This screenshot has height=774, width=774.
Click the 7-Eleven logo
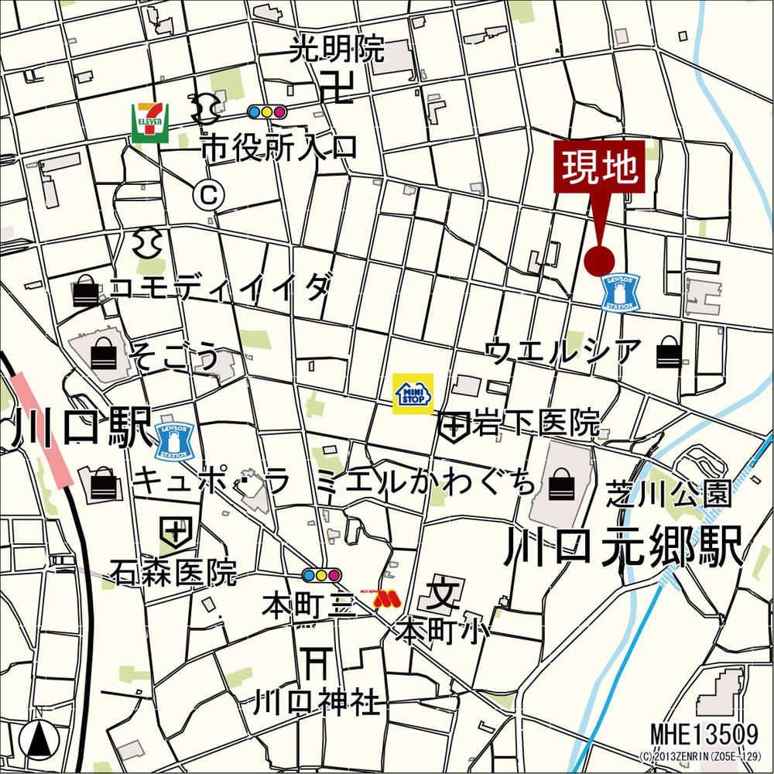coord(150,122)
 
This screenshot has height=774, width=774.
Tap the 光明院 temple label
coord(337,50)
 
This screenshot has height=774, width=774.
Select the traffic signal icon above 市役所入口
coord(267,112)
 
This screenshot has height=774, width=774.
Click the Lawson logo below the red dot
coord(622,292)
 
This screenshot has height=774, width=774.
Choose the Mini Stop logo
coord(413,394)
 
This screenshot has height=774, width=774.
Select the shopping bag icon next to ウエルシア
coord(668,354)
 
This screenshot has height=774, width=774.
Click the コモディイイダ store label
coord(221,289)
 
